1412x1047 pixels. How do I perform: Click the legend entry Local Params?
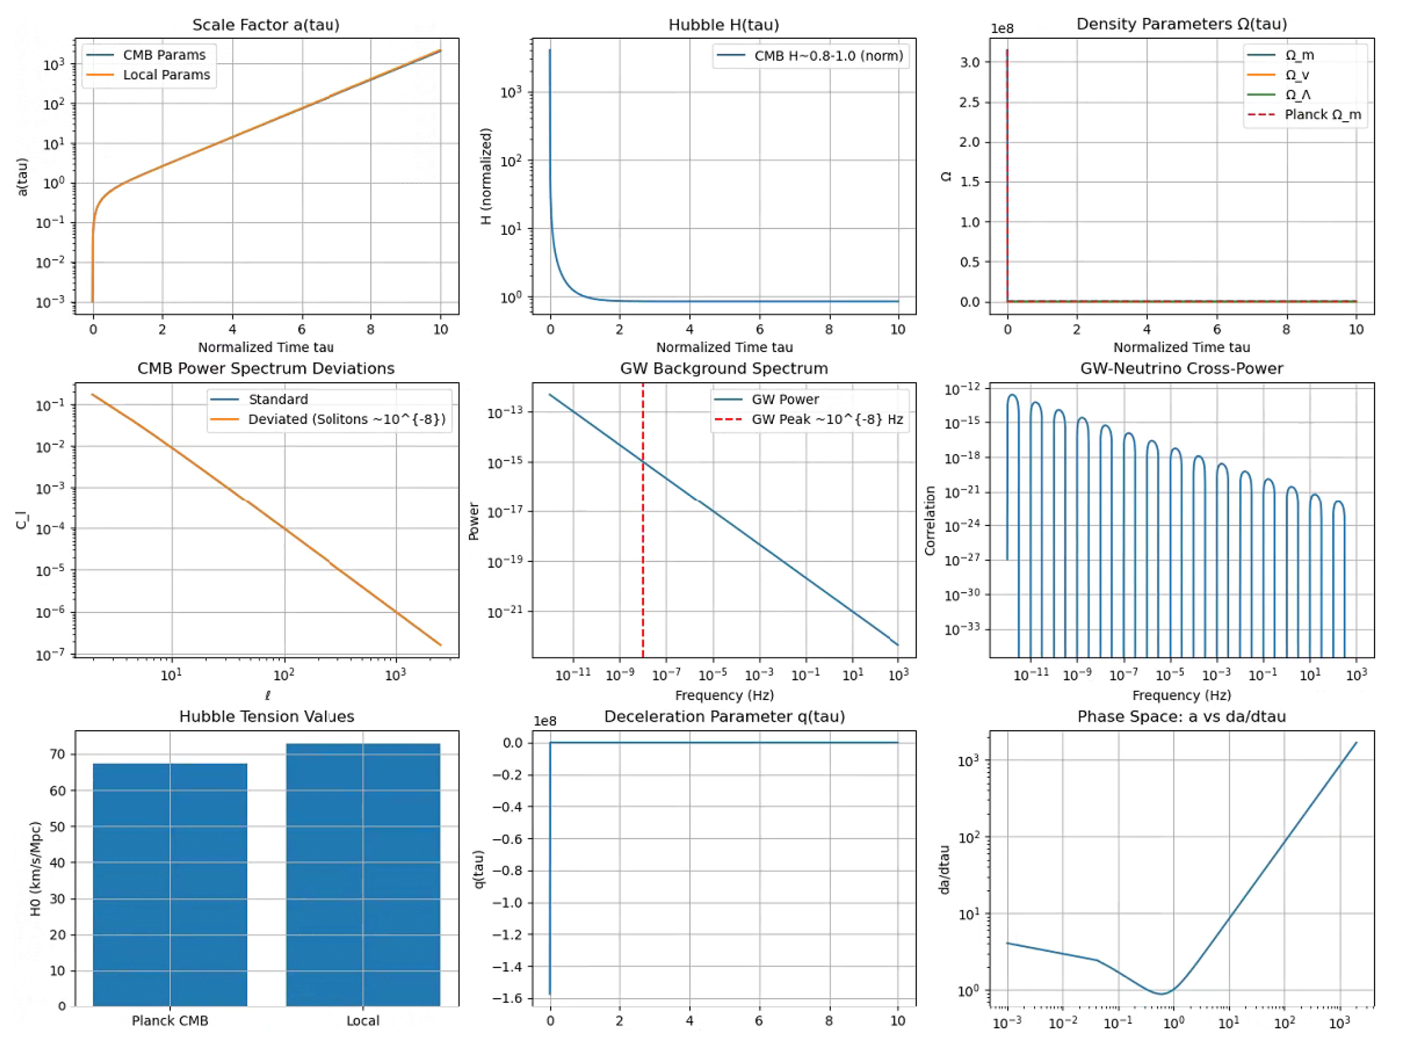[166, 75]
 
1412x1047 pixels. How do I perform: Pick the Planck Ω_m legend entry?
[1322, 115]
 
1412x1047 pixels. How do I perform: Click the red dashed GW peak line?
[643, 539]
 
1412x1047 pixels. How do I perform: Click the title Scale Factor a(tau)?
[266, 25]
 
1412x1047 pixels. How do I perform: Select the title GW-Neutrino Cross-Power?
[1181, 369]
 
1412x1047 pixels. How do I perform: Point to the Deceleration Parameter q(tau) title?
[724, 717]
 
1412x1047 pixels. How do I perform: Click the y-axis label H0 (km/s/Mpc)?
[36, 868]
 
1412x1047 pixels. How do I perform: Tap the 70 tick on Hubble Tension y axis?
[58, 754]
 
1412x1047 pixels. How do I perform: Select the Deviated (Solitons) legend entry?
[346, 420]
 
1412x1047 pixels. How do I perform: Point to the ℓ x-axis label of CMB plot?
[268, 695]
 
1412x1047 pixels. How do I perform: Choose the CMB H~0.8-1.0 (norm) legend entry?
[828, 56]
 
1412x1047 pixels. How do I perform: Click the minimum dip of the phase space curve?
[1161, 993]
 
